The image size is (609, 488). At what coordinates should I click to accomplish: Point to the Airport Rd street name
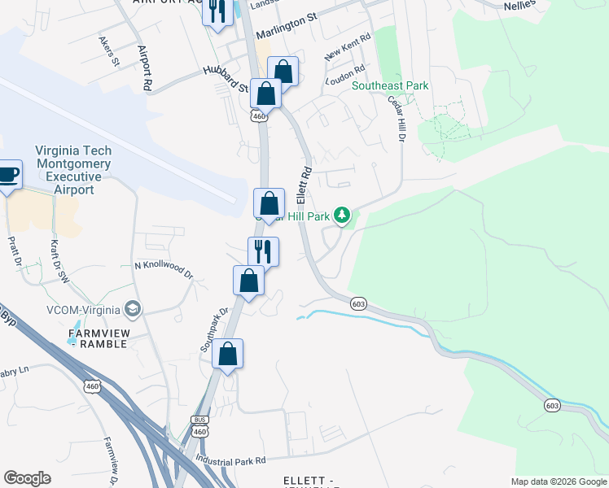coord(146,67)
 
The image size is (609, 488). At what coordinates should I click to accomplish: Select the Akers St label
coord(109,50)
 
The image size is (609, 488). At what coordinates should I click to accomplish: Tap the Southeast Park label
coord(390,85)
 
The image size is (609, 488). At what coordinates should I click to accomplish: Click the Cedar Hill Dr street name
coord(397,120)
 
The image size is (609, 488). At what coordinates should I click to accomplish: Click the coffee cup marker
coord(8,175)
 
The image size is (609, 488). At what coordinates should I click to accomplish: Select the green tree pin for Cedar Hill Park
coord(344,216)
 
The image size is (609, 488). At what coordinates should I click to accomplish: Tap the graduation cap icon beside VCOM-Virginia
coord(132,308)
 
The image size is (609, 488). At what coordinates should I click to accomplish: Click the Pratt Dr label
coord(13,252)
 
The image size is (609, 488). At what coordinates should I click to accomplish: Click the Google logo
coord(27,478)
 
